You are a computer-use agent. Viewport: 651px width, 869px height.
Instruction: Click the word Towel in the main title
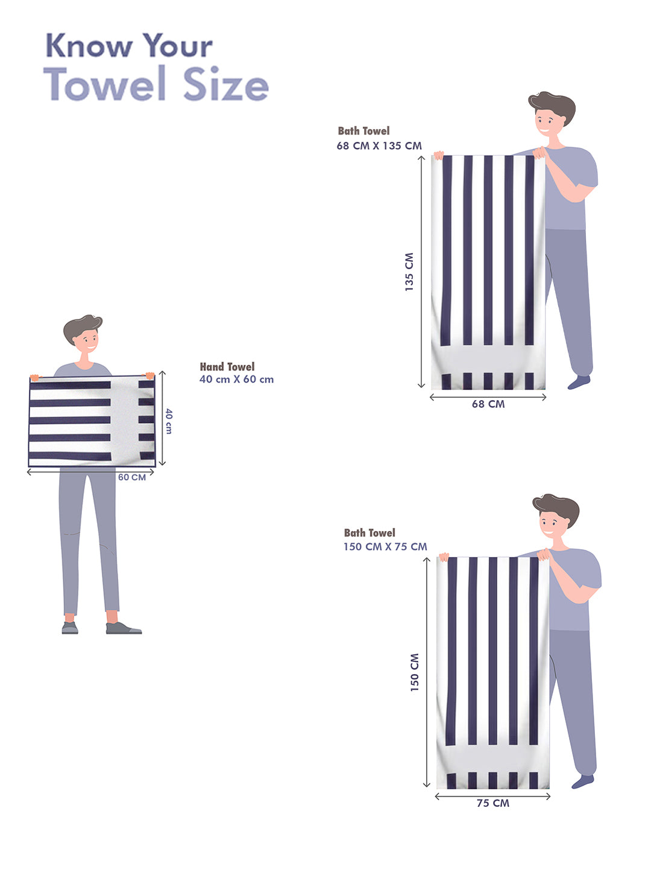104,84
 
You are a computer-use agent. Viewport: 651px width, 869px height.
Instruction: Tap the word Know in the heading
89,45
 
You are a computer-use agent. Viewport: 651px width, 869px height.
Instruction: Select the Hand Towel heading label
227,366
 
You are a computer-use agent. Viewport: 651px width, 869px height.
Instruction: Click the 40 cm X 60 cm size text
236,379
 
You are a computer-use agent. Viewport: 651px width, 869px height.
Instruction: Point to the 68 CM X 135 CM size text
379,145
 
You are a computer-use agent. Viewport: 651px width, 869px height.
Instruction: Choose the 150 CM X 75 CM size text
385,547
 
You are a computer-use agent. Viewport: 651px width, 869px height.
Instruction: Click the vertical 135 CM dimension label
409,272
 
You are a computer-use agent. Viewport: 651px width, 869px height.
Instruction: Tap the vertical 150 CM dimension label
414,673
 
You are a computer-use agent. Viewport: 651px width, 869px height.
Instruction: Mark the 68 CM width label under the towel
488,404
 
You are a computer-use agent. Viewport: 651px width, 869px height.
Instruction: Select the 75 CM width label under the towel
493,803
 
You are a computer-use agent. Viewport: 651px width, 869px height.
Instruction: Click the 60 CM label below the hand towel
132,477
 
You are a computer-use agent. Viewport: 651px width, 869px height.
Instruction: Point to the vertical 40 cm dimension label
169,421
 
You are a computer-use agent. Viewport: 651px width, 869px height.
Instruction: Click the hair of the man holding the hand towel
82,328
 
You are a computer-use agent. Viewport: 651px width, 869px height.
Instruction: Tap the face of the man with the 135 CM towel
549,121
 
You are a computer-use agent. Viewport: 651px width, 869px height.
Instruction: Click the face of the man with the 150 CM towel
553,523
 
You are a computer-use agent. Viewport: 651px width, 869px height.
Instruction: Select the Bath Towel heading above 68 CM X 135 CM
363,130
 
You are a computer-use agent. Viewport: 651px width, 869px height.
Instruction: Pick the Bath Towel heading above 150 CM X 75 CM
370,532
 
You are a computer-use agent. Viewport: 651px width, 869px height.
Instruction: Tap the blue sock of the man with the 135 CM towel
579,383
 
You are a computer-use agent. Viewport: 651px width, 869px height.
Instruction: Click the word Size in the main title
226,84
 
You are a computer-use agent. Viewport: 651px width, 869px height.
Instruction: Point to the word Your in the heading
178,45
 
